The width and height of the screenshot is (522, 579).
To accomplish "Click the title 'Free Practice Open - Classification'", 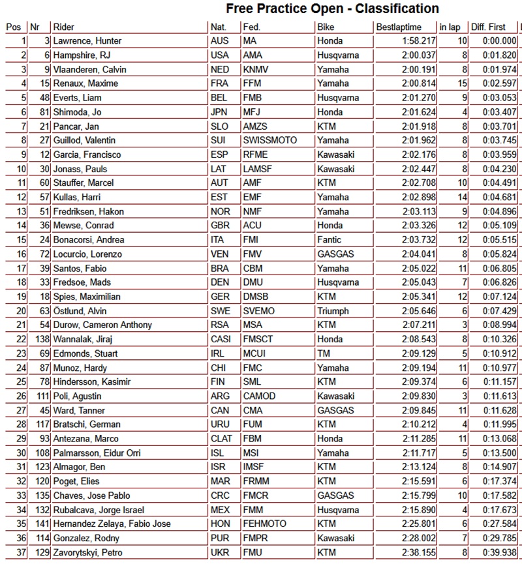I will (x=332, y=8).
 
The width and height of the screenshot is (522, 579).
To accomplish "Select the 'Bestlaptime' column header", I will (x=399, y=27).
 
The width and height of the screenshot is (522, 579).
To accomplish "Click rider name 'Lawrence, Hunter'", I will (x=87, y=41).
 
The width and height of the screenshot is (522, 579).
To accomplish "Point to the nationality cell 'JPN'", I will (x=219, y=112).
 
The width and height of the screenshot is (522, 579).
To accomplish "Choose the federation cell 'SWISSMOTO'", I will (x=269, y=140).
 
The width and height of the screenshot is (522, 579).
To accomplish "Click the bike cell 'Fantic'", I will (x=329, y=240).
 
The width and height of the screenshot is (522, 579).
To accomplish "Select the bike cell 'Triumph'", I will (x=332, y=311).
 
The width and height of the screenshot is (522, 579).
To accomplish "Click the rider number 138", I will (x=42, y=339).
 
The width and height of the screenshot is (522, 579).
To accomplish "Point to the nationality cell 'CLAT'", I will (x=221, y=439).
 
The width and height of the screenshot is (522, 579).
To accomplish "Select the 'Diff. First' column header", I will (x=489, y=27).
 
